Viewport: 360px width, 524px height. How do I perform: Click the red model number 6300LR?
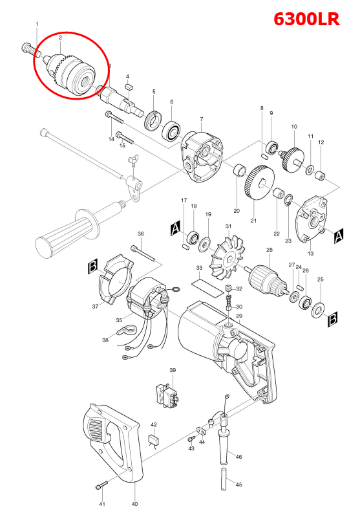pos(306,19)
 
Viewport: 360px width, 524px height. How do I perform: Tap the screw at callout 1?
pos(27,47)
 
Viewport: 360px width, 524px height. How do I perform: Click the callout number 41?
pos(101,504)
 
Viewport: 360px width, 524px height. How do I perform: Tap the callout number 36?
pos(140,234)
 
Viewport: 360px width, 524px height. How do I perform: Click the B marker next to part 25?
pos(333,318)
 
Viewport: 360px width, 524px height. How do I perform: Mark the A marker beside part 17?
pos(174,228)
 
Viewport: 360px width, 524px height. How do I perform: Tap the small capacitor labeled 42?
pos(154,441)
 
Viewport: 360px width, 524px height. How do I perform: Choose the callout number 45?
pos(238,485)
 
